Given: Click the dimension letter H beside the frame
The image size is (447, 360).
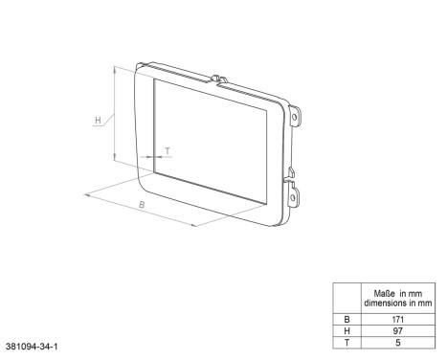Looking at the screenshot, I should point(99,121).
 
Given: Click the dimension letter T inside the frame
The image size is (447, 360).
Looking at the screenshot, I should point(167,150).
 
